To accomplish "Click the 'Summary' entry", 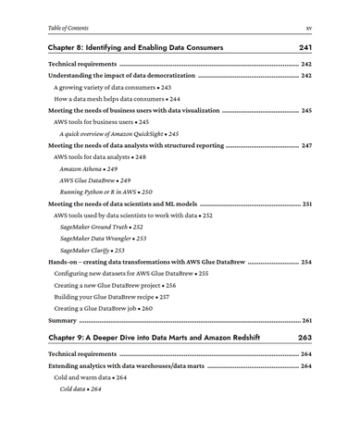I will point(64,319).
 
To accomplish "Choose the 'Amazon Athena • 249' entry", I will point(89,171).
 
